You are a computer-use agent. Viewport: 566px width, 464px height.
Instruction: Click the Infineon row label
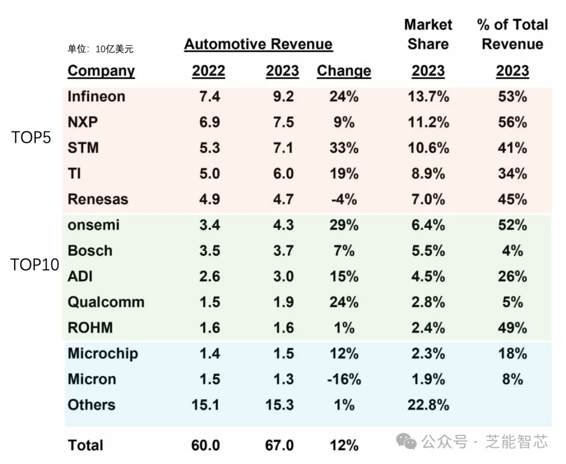(x=96, y=97)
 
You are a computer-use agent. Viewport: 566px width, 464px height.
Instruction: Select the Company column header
(x=101, y=71)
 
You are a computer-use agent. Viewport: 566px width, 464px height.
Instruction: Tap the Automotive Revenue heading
(x=258, y=44)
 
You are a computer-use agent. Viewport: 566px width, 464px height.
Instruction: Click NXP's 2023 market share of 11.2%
(x=428, y=122)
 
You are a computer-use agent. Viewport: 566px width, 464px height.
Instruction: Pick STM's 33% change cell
(x=344, y=148)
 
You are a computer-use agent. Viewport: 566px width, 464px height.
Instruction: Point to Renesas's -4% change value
(x=344, y=199)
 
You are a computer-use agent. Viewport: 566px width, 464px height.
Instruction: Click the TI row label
(x=74, y=174)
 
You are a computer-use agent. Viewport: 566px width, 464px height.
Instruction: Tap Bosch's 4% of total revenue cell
(x=512, y=251)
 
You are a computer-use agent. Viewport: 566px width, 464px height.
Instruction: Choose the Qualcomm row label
(x=106, y=302)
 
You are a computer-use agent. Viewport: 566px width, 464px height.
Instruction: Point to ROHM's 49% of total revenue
(x=512, y=328)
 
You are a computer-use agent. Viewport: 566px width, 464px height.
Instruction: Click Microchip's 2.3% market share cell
(x=428, y=354)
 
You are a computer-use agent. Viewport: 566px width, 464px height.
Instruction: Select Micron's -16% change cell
(x=344, y=379)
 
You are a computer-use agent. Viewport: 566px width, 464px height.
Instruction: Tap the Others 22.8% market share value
(x=428, y=405)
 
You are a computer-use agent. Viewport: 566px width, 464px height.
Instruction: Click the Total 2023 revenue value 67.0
(x=279, y=446)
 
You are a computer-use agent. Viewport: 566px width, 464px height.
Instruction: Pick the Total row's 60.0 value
(x=205, y=446)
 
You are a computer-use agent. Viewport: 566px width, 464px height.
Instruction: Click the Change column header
(x=344, y=71)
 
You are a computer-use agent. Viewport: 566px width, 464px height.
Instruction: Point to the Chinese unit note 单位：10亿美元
(x=101, y=49)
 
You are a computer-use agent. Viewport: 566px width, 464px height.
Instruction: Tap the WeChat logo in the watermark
(x=406, y=441)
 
